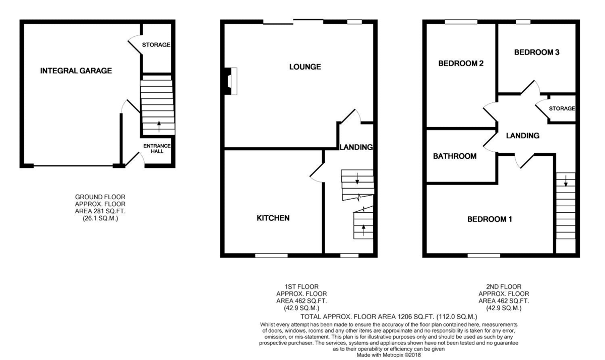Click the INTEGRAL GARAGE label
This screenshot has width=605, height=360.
click(x=76, y=71)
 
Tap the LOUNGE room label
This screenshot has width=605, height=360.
click(x=305, y=67)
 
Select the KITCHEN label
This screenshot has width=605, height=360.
click(x=273, y=218)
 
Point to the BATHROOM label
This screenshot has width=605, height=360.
click(x=455, y=156)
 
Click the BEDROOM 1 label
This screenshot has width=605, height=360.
click(x=490, y=219)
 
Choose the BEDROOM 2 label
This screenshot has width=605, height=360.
click(x=461, y=64)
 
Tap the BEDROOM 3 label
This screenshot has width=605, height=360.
click(x=537, y=52)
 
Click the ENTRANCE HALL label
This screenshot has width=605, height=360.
click(x=157, y=148)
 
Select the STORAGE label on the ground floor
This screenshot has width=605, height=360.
click(x=156, y=45)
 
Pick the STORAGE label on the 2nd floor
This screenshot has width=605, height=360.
click(x=562, y=108)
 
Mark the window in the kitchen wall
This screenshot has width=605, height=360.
click(x=271, y=255)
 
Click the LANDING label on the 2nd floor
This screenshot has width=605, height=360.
click(x=523, y=136)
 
